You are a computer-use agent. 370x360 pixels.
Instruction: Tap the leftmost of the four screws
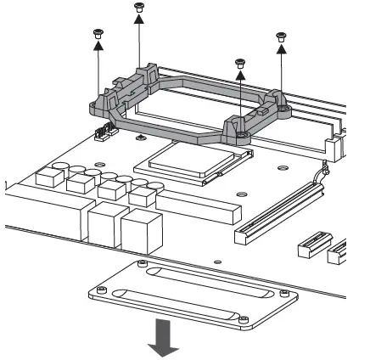pyautogui.click(x=97, y=33)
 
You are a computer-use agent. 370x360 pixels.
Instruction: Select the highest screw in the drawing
pyautogui.click(x=138, y=7)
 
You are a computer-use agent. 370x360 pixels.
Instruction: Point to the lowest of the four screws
pyautogui.click(x=240, y=63)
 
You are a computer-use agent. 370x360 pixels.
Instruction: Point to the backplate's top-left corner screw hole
pyautogui.click(x=137, y=265)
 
